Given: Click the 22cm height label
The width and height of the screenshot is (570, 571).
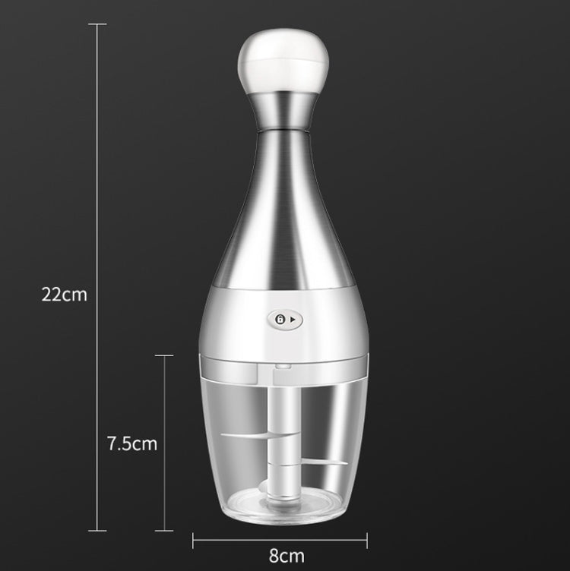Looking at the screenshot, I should coord(64,295).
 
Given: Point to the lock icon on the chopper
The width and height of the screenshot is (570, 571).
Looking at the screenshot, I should coord(280,320).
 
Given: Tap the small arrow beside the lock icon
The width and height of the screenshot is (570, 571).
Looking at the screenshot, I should coord(293,320).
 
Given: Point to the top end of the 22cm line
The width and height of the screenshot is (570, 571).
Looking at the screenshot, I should coord(97,24).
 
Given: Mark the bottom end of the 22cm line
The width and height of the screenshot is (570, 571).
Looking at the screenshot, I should coord(97,531).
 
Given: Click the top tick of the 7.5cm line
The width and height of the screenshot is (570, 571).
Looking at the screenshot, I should coord(164,355).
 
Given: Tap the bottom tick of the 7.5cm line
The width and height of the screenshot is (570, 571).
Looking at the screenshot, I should coord(164,531).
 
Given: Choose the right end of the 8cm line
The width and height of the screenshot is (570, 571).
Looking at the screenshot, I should coord(368,540).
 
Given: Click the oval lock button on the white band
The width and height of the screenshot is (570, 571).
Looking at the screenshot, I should coord(285,320).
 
